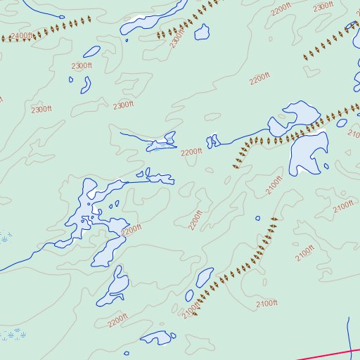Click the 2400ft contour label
[21, 35]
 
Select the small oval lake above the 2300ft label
[91, 51]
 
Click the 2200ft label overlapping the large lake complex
[131, 229]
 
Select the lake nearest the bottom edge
[158, 338]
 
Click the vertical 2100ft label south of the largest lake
[273, 188]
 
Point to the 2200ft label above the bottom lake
[118, 320]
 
